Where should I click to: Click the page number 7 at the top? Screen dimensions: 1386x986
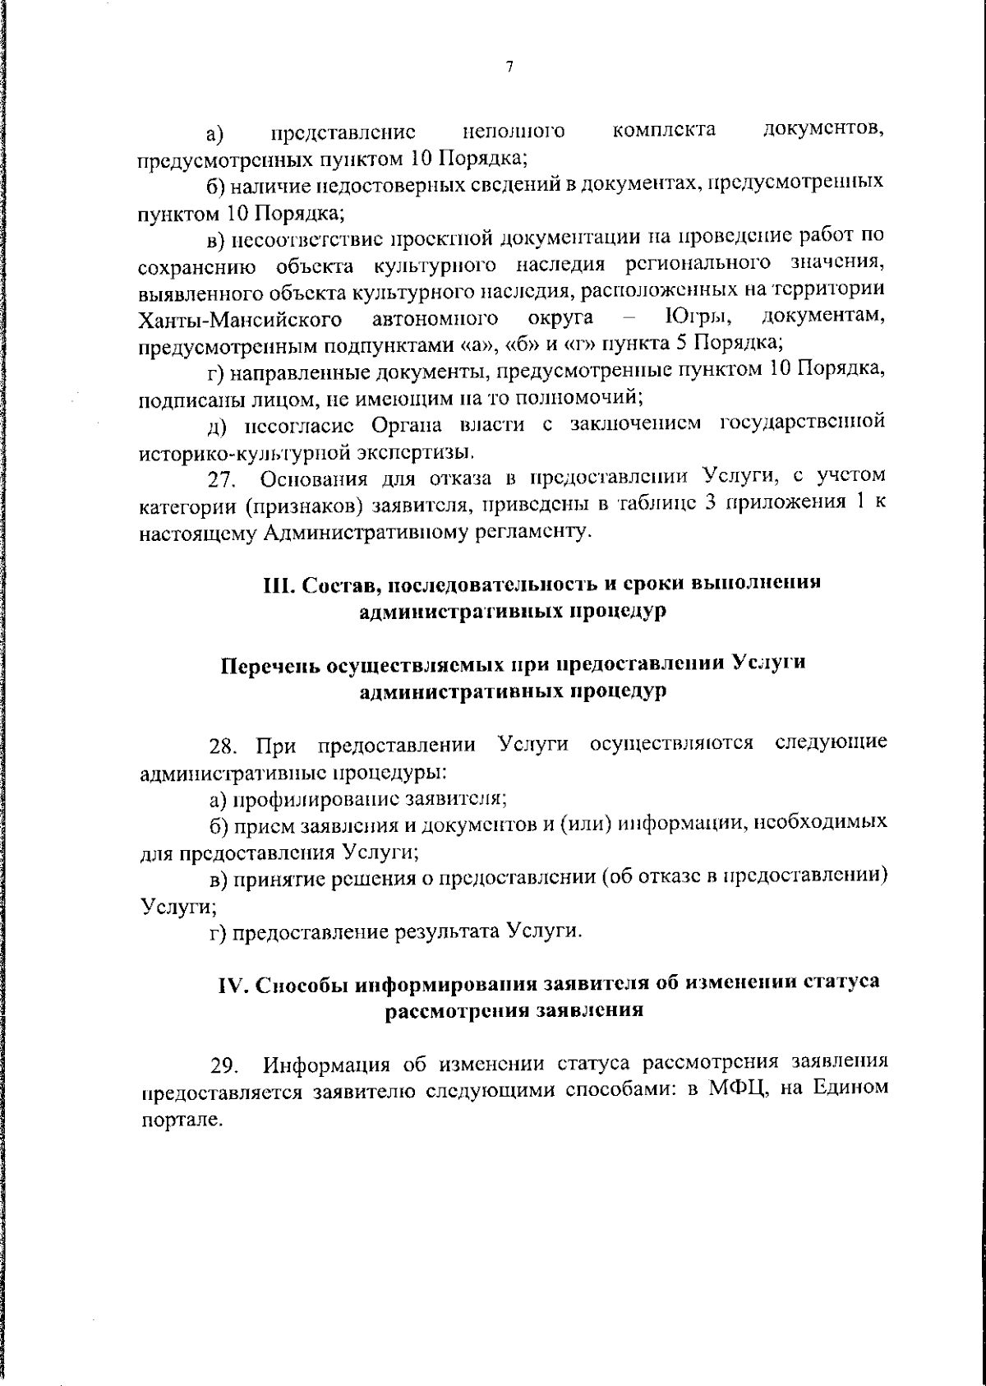coord(509,67)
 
